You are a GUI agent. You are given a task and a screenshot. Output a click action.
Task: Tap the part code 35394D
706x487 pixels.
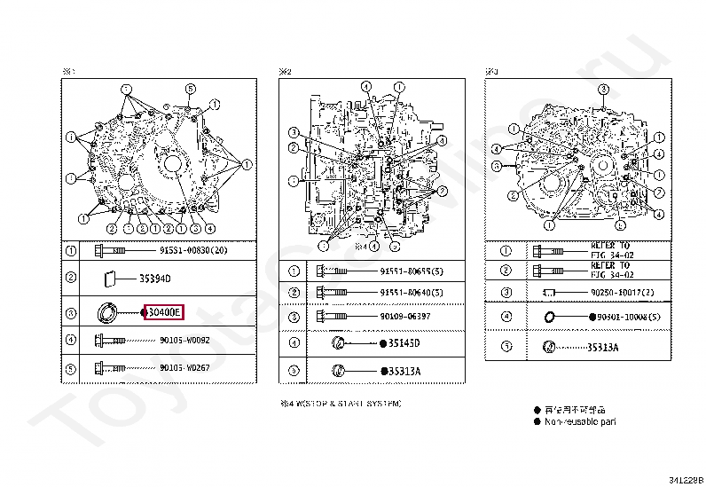click(154, 279)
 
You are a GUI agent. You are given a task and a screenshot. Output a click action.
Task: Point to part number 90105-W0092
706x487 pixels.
click(184, 339)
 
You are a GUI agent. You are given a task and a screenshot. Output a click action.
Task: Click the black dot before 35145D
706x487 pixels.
click(382, 343)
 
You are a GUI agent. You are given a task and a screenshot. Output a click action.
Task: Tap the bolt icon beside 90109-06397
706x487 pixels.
click(333, 316)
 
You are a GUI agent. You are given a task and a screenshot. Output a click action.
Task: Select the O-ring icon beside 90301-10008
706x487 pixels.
click(550, 317)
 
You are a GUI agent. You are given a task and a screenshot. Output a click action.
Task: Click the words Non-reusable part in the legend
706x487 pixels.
click(581, 421)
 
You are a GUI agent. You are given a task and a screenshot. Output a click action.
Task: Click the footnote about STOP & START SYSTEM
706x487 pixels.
click(341, 404)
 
